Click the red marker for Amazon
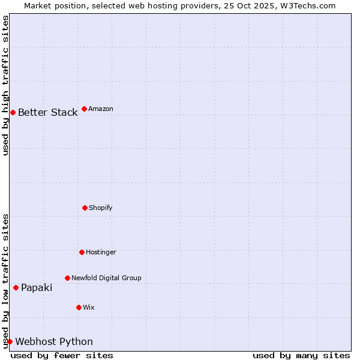point(84,109)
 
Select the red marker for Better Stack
point(13,112)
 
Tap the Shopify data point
point(85,208)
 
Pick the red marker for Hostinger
point(82,252)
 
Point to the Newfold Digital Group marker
point(67,278)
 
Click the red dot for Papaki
point(16,287)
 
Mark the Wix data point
point(79,307)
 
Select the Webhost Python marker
point(10,341)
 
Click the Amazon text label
point(101,109)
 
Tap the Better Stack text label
point(47,112)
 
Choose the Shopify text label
point(101,208)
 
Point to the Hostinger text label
point(101,252)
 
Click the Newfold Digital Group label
point(106,278)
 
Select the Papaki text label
point(37,287)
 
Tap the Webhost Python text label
point(54,341)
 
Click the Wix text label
point(89,307)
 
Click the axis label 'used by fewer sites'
point(62,355)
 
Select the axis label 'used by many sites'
point(301,355)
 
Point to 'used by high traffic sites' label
point(5,85)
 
